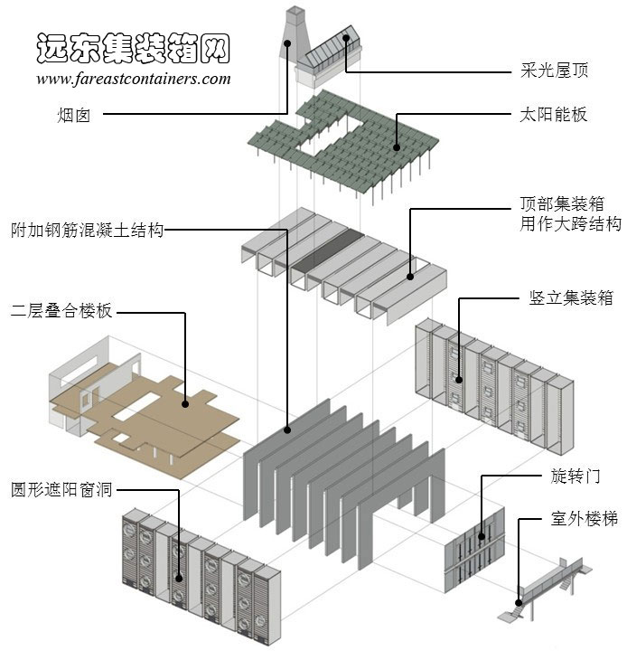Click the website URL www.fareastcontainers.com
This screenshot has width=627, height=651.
[x=134, y=79]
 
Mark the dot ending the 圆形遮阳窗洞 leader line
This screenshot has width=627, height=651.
[x=179, y=577]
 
